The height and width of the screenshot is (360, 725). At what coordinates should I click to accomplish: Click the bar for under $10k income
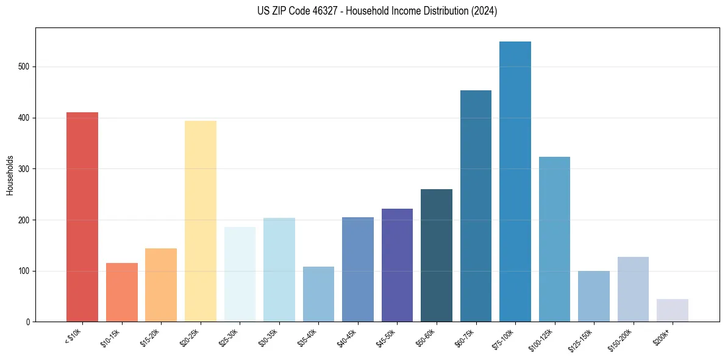click(x=82, y=217)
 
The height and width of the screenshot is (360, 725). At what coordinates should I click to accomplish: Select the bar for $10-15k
click(x=121, y=292)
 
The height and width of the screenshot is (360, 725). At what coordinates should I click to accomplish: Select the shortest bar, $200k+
click(x=672, y=310)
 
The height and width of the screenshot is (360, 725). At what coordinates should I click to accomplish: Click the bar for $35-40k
click(x=318, y=294)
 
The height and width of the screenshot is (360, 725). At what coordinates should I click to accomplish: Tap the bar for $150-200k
click(x=633, y=289)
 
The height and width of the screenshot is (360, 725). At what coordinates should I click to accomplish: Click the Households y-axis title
click(x=10, y=175)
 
